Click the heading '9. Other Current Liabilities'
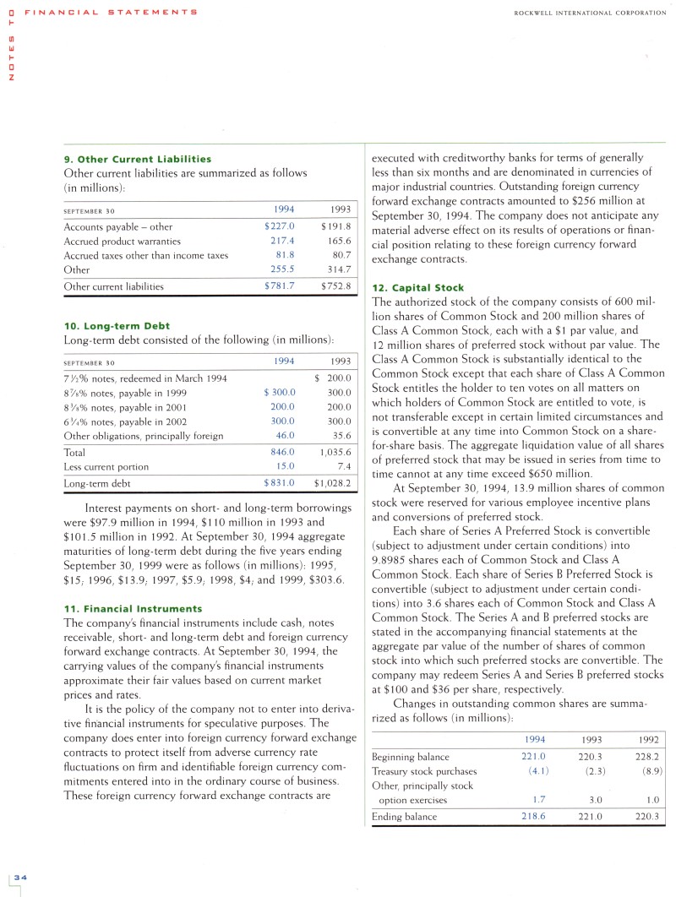click(137, 159)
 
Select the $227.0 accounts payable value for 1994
click(279, 226)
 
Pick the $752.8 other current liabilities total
click(335, 286)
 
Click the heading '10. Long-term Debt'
click(117, 325)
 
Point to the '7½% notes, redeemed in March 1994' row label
click(145, 378)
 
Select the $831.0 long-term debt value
click(279, 483)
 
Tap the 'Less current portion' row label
click(106, 466)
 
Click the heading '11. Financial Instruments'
click(133, 608)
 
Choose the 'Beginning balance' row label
click(411, 757)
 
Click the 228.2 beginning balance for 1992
click(647, 757)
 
